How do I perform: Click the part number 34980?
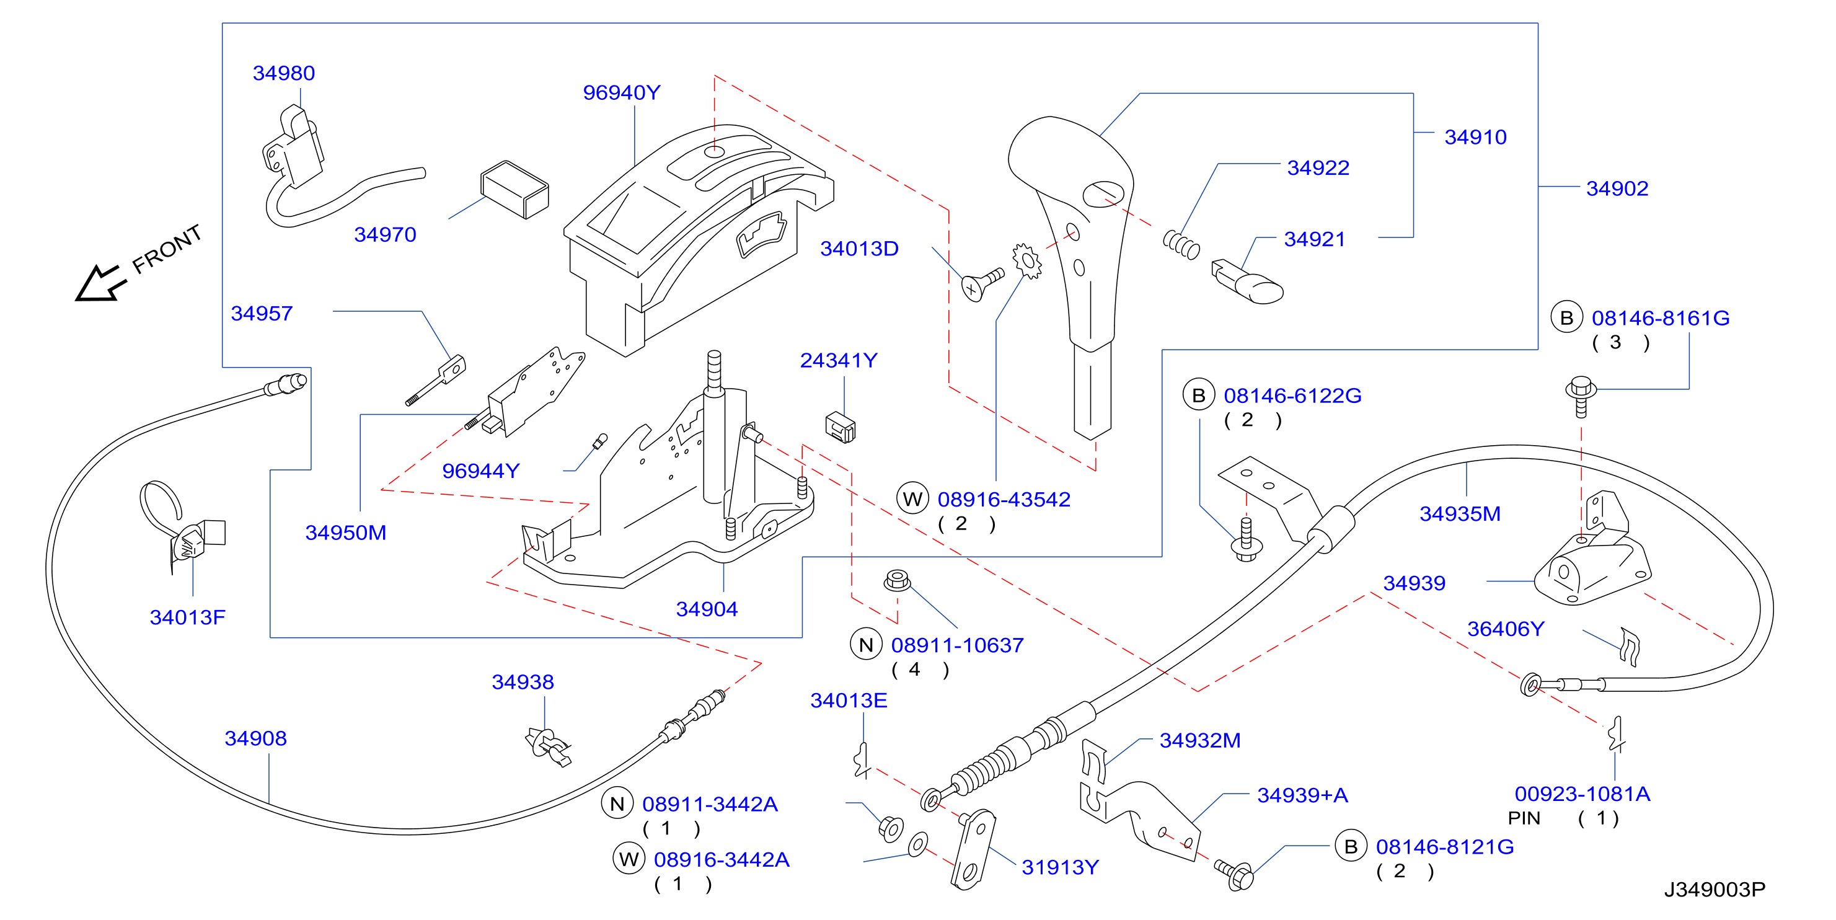click(284, 73)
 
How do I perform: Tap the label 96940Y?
click(622, 92)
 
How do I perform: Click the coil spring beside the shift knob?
click(1181, 244)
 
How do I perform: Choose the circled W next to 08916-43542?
click(913, 499)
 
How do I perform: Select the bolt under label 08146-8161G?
click(1581, 396)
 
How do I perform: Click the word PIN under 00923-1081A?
click(1524, 818)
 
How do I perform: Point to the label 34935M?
click(1460, 514)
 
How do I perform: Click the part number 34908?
click(256, 738)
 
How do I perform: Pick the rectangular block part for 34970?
click(514, 190)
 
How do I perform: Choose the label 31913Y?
click(1061, 867)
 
